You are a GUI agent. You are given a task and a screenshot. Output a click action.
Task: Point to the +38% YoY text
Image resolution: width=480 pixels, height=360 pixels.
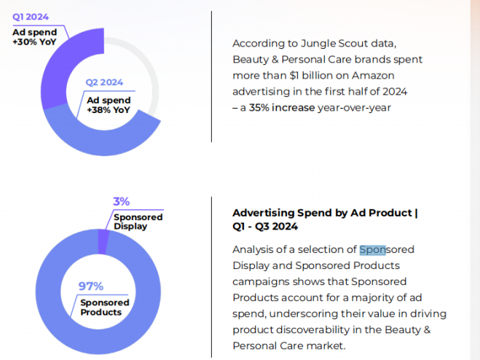click(x=109, y=111)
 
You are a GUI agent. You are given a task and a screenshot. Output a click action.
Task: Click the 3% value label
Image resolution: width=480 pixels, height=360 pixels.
click(x=121, y=202)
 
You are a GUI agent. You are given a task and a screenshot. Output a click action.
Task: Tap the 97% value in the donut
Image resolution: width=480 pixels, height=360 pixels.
click(x=90, y=286)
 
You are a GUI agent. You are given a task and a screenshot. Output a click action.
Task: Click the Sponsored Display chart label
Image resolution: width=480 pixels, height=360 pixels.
click(x=138, y=222)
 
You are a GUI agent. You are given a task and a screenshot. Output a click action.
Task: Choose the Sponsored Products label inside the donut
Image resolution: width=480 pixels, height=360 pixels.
click(x=104, y=308)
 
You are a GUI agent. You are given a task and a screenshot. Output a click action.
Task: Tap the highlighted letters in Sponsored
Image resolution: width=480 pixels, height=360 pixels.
click(x=372, y=250)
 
